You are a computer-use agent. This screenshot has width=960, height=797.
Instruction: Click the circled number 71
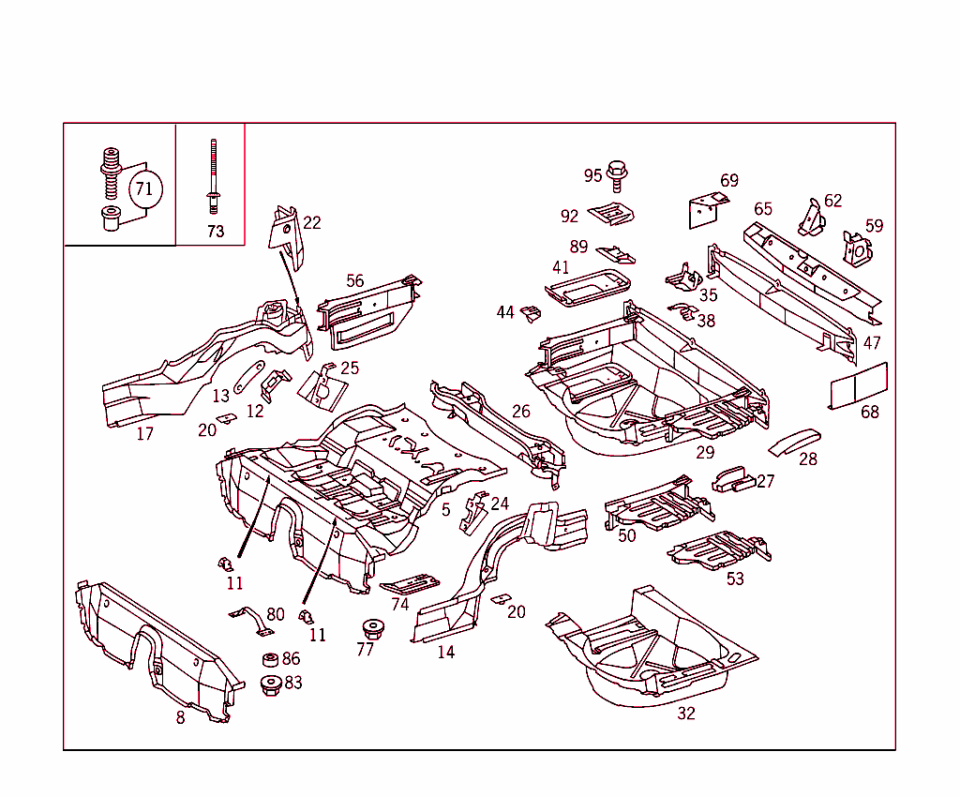click(x=143, y=188)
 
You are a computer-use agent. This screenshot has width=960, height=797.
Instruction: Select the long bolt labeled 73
click(x=213, y=178)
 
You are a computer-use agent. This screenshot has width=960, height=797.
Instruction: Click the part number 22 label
click(x=312, y=222)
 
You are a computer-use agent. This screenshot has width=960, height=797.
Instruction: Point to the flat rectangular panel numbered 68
click(x=859, y=384)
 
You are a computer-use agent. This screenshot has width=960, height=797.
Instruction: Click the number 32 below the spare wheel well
click(x=686, y=714)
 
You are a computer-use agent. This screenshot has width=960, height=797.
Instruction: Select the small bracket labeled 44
click(x=532, y=313)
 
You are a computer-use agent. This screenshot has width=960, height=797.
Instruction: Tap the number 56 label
click(x=354, y=281)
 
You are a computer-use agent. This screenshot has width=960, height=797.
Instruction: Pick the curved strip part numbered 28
click(x=793, y=441)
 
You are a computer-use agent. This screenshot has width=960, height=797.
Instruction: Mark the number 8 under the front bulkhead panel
click(x=180, y=718)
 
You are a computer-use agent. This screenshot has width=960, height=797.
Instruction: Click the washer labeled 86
click(x=269, y=660)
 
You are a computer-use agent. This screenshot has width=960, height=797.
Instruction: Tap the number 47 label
click(x=872, y=343)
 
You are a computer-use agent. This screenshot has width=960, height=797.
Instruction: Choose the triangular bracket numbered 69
click(x=706, y=209)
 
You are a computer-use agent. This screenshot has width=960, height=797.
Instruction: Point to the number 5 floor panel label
click(x=446, y=510)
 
